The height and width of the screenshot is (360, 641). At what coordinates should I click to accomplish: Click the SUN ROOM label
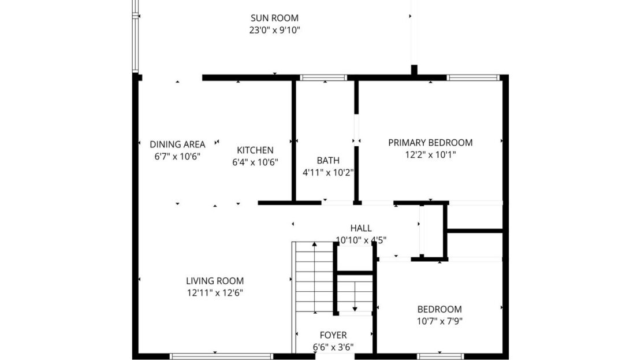[274, 18]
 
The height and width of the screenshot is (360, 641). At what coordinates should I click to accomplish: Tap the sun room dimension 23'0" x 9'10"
[274, 30]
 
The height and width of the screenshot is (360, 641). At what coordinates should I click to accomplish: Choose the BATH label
[328, 160]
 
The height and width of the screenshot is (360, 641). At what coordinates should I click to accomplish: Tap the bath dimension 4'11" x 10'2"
[328, 172]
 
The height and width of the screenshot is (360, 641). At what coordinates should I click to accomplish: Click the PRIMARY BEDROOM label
[430, 142]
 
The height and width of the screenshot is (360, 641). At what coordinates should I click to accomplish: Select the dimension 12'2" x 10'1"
[430, 154]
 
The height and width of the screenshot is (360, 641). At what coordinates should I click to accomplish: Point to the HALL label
[361, 228]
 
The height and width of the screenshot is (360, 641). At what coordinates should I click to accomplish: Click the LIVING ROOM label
[214, 281]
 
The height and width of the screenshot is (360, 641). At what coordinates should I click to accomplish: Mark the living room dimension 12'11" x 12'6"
[214, 293]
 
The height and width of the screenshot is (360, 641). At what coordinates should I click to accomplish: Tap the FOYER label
[333, 335]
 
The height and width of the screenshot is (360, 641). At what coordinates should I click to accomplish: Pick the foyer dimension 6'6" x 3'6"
[333, 347]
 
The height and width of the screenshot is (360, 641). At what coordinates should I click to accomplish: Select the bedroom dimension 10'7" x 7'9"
[439, 321]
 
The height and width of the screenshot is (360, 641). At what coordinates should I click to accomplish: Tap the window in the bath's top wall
[323, 77]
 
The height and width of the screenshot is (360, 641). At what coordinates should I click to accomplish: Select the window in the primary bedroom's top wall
[472, 77]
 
